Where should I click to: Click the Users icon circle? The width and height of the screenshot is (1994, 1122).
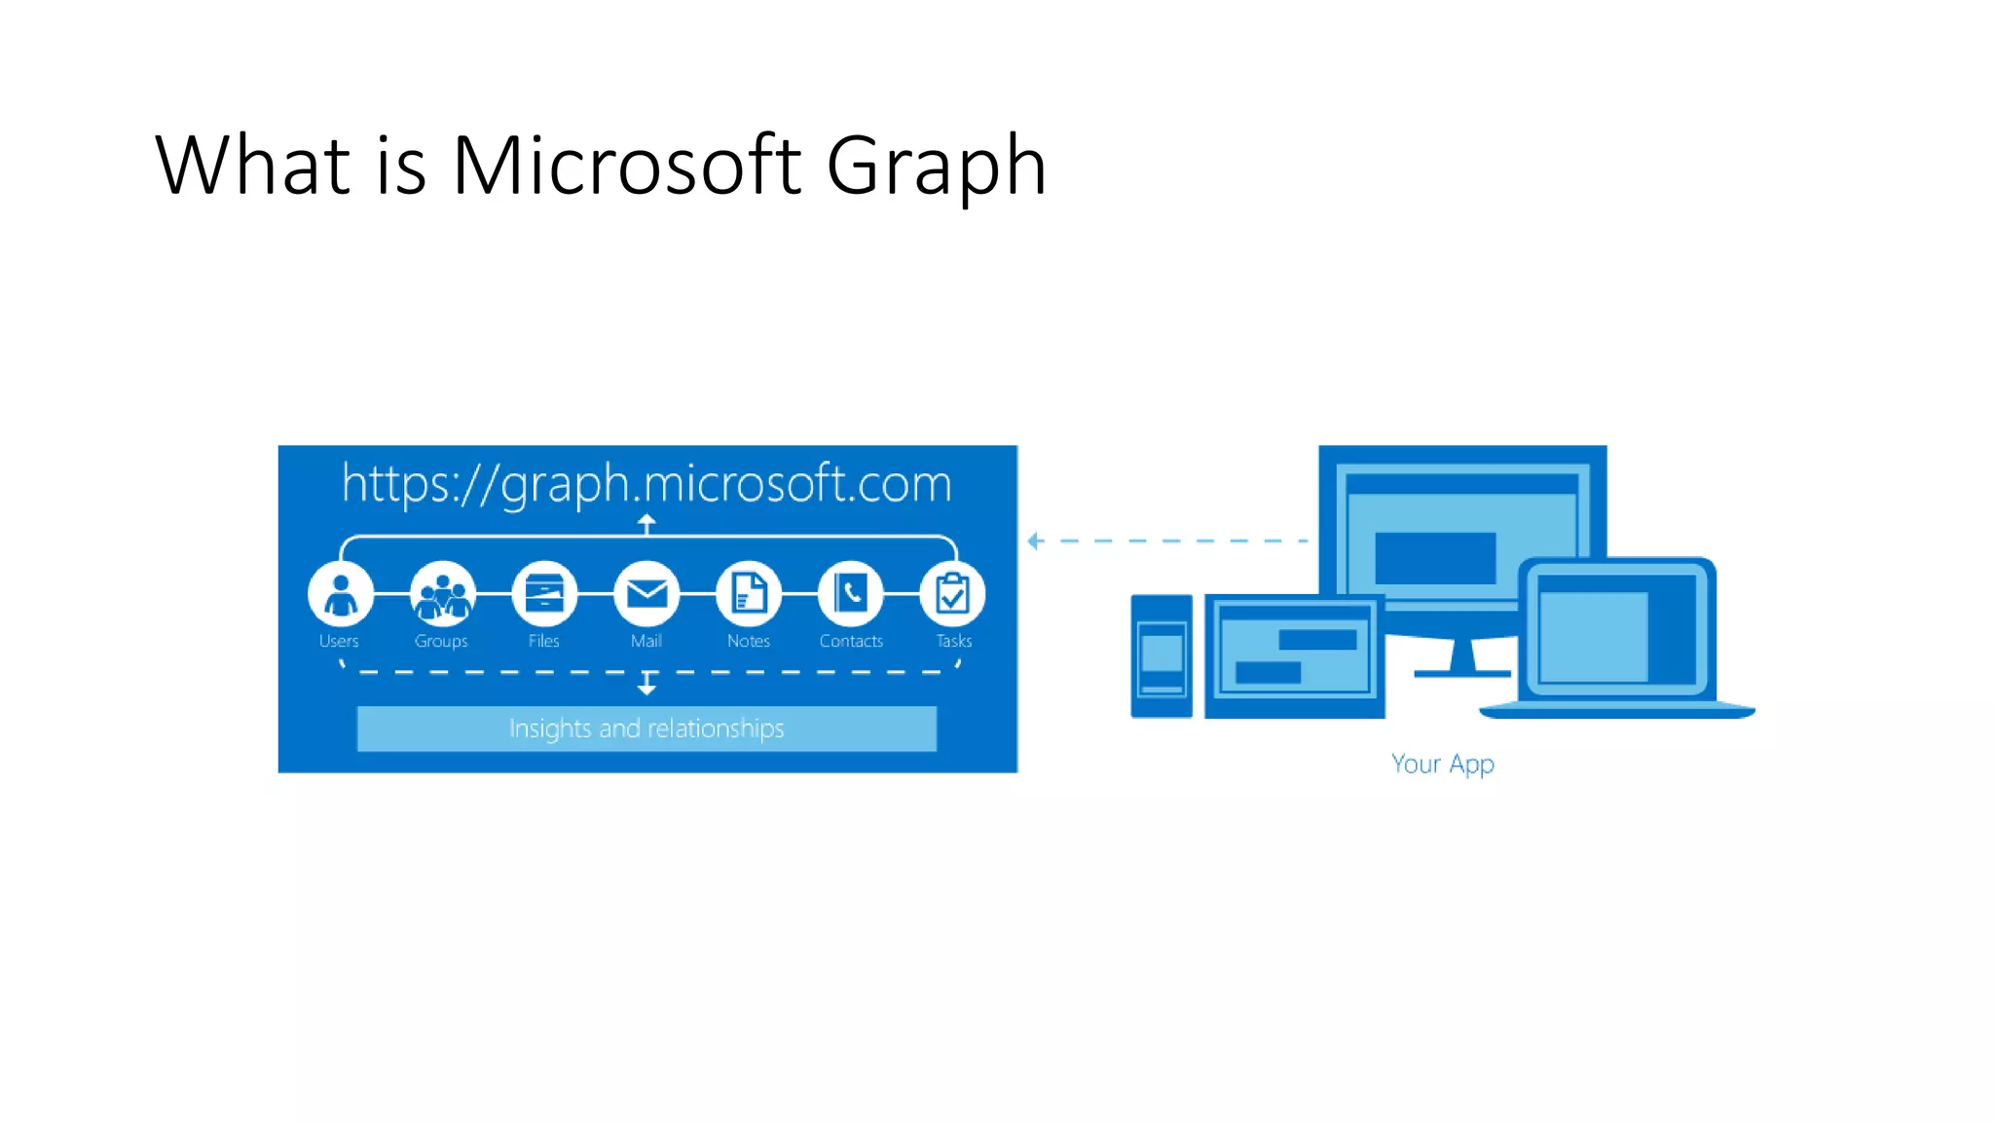[340, 594]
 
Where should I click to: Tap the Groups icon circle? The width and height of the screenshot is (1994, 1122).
[443, 594]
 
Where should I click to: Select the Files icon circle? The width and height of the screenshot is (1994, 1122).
[544, 594]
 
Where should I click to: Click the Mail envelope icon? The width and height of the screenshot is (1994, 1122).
[646, 594]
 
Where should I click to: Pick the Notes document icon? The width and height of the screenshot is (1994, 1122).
[749, 594]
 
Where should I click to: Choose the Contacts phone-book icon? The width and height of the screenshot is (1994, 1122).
[851, 594]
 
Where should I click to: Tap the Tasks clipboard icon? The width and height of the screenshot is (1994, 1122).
[952, 594]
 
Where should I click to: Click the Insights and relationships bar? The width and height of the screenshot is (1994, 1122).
[646, 729]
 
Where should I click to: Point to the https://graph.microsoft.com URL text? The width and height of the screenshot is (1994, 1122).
[646, 484]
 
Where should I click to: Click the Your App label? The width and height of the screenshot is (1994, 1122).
[1442, 764]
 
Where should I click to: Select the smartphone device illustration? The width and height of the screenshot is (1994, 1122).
[1162, 655]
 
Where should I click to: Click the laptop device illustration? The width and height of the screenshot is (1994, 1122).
[1616, 638]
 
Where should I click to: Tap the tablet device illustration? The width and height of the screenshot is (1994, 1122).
[1294, 655]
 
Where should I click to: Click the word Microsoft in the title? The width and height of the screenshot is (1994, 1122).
[627, 166]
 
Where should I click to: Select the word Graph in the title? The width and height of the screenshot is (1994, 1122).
[936, 166]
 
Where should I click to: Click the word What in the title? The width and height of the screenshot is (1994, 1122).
[252, 166]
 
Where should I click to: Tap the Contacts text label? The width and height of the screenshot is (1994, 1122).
[851, 641]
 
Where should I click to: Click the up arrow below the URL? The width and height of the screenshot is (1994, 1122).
[646, 524]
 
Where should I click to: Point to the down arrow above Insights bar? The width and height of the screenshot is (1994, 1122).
[646, 685]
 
